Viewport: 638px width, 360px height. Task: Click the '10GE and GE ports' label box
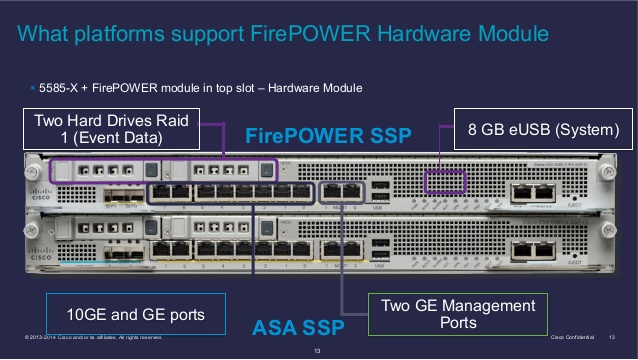[135, 315]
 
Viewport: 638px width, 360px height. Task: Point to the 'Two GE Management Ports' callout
[459, 314]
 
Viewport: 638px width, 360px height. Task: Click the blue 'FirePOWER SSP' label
[328, 136]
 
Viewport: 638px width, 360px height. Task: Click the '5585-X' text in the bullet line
[59, 89]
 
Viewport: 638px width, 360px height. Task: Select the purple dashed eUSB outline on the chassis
[445, 182]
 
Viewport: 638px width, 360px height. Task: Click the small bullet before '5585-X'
[33, 89]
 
